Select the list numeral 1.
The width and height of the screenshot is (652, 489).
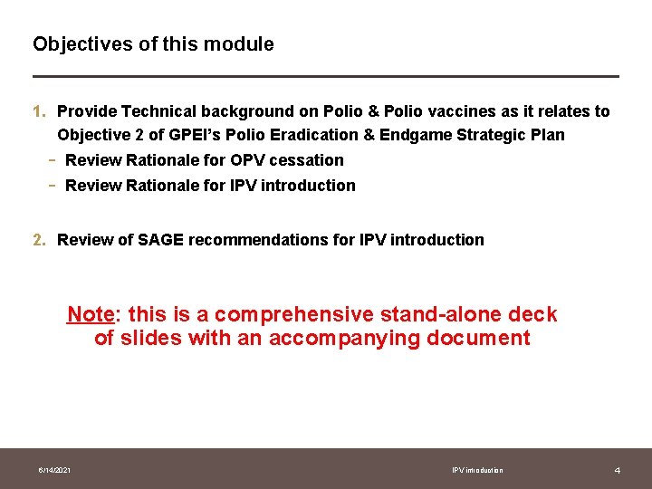pos(38,111)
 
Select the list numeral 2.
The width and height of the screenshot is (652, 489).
pos(38,240)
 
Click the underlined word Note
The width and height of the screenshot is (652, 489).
pos(90,315)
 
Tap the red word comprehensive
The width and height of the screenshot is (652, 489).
pos(293,315)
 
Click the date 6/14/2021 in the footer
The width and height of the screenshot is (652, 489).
pos(55,470)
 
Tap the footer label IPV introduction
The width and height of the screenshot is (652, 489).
pos(477,470)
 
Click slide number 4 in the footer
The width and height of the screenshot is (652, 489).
pos(617,470)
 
